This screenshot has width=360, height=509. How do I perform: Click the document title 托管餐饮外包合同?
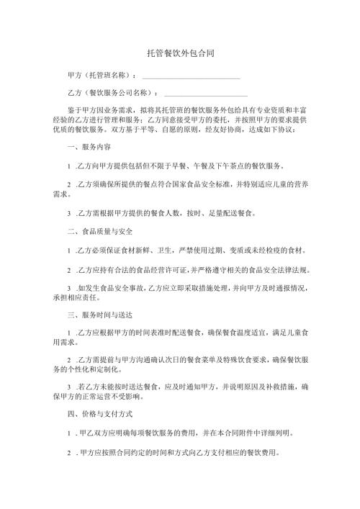tap(179, 53)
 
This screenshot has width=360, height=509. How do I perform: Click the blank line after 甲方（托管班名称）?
tap(191, 76)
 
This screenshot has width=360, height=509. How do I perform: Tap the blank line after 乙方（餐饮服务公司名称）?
tap(206, 94)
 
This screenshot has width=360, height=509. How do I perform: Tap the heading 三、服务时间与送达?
tap(97, 316)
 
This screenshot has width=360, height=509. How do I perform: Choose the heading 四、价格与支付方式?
tap(97, 415)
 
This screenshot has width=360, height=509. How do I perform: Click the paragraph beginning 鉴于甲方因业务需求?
tap(180, 120)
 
